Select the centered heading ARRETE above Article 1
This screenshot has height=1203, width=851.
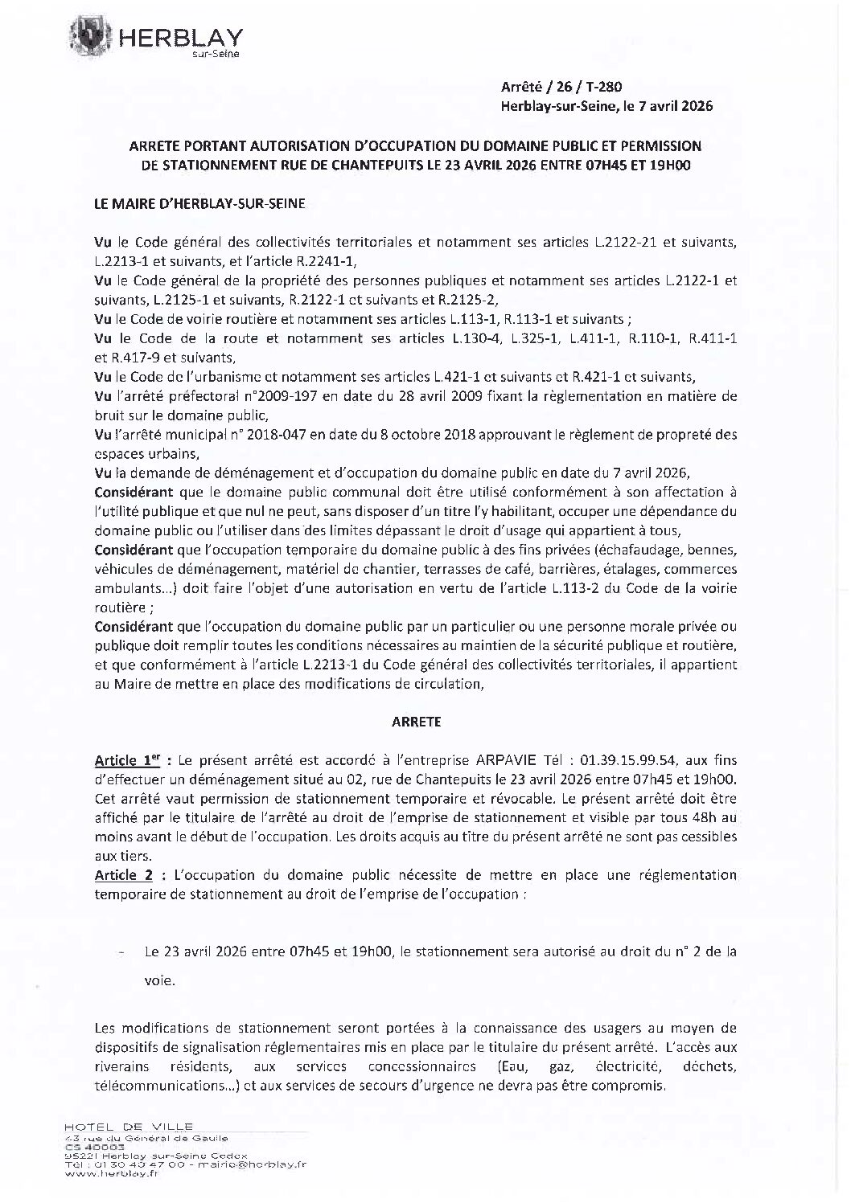pyautogui.click(x=416, y=722)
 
